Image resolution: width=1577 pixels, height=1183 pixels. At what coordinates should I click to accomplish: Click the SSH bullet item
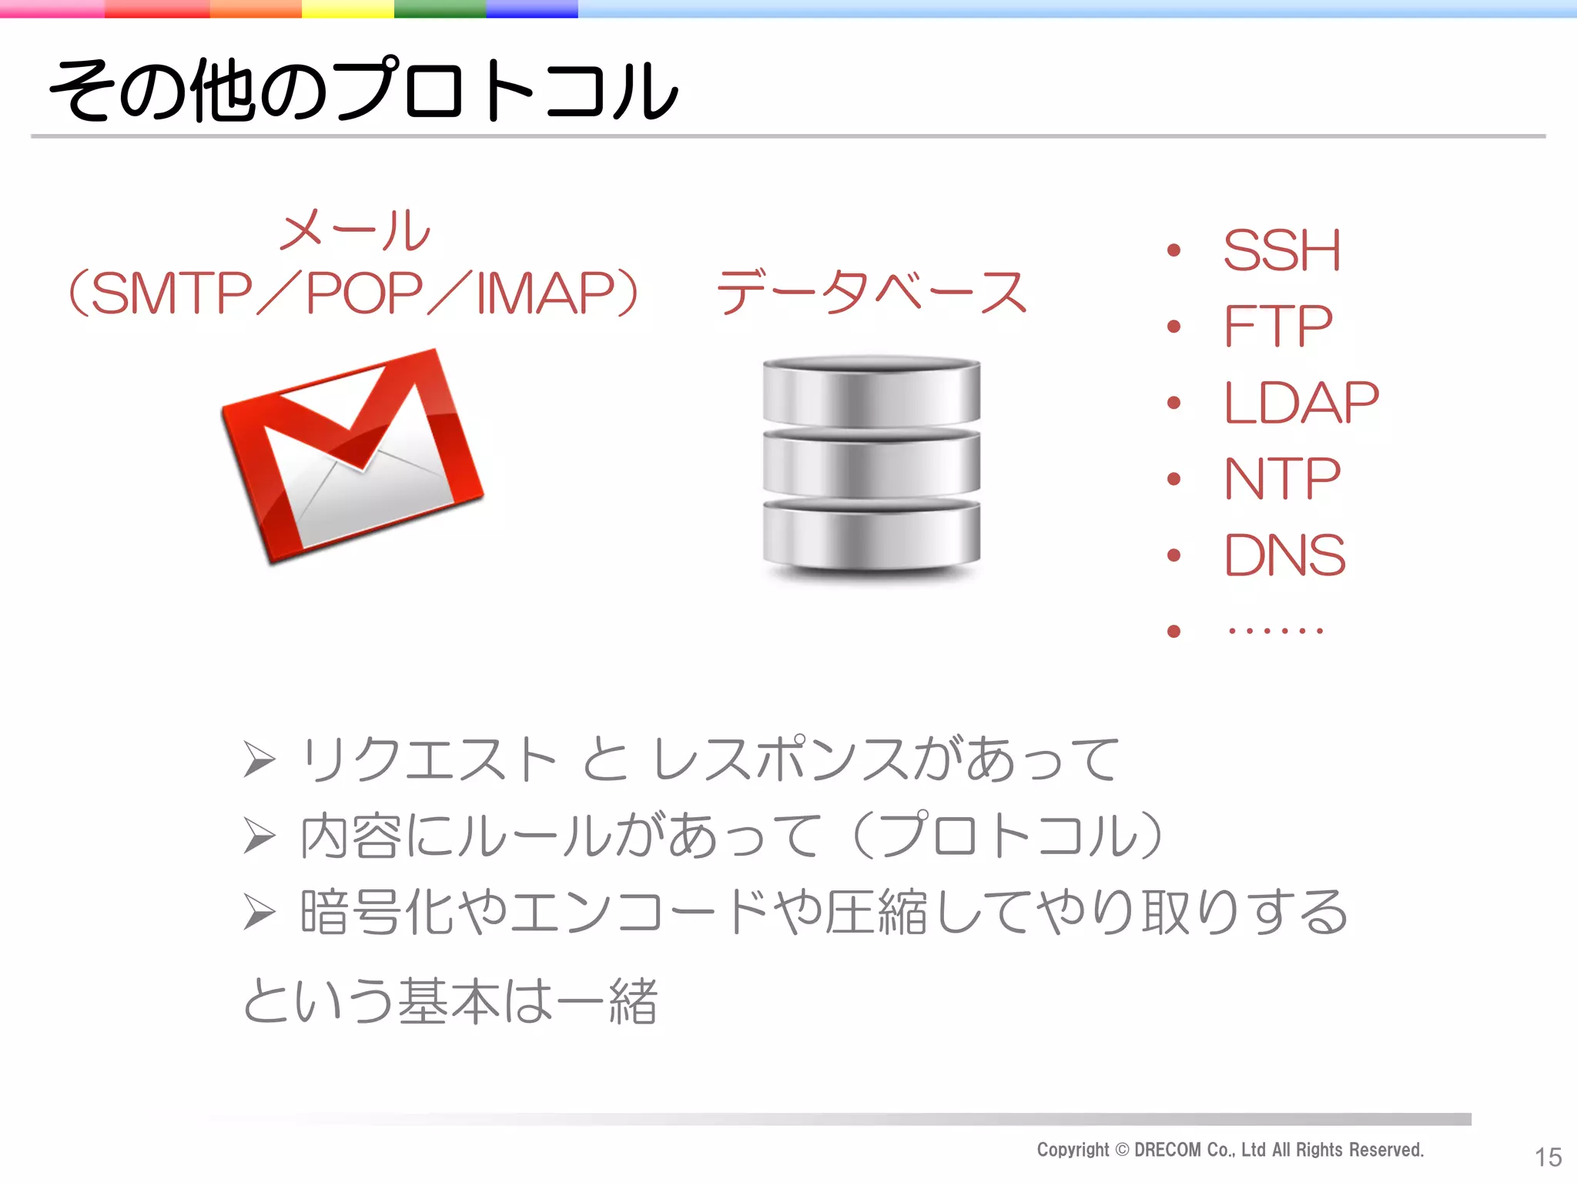click(x=1281, y=251)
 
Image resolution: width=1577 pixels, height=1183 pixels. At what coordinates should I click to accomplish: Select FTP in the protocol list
click(x=1277, y=327)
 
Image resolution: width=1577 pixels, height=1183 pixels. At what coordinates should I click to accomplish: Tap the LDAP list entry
click(x=1301, y=403)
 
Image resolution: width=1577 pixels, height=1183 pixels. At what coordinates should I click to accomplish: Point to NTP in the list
click(x=1282, y=479)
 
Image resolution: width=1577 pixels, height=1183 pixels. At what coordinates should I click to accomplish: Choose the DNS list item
click(x=1284, y=555)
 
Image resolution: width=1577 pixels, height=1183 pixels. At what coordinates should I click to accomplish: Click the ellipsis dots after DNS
click(x=1275, y=632)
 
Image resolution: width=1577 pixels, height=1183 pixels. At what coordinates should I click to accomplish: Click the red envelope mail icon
click(x=353, y=457)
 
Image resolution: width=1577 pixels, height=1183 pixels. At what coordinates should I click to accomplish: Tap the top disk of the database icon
click(x=871, y=390)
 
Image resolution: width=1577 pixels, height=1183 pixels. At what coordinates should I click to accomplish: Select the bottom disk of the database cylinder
click(x=871, y=535)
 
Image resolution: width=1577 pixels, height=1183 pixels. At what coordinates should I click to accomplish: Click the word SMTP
click(x=172, y=294)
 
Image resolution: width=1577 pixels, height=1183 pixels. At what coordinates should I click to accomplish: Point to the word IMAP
click(x=544, y=294)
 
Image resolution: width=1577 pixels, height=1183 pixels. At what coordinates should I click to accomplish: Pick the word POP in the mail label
click(x=364, y=294)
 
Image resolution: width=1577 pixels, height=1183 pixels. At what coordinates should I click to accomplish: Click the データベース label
click(x=871, y=293)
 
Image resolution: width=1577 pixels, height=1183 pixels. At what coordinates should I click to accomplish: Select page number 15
click(x=1548, y=1157)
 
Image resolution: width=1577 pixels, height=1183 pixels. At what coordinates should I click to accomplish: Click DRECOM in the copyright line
click(x=1167, y=1150)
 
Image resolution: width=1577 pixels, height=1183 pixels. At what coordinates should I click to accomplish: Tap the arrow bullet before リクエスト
click(x=259, y=759)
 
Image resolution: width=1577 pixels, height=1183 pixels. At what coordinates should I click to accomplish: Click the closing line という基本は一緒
click(x=450, y=1000)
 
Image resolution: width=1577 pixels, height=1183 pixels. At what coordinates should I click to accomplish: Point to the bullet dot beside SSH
click(x=1174, y=250)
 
